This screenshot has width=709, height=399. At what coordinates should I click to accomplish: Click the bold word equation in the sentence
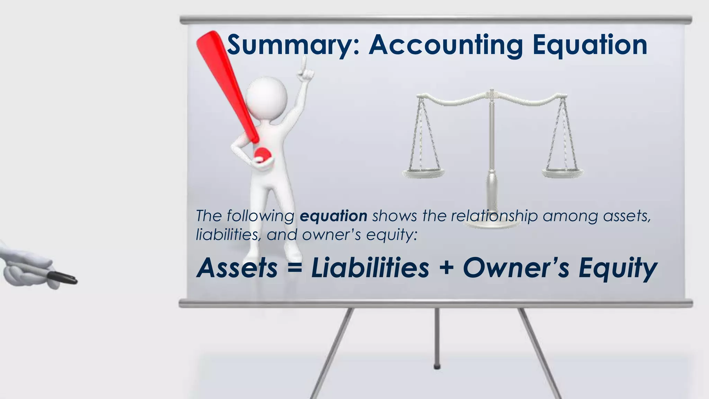tap(333, 216)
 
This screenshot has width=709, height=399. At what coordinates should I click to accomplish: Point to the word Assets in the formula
tap(237, 268)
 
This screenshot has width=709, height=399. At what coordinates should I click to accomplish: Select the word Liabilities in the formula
tap(370, 268)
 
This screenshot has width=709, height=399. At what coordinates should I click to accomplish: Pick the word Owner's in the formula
tap(516, 268)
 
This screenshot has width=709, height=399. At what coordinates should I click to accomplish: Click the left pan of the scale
tap(423, 172)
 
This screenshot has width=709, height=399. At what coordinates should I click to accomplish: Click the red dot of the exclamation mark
tap(262, 154)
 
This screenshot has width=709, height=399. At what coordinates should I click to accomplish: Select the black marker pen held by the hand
tap(62, 278)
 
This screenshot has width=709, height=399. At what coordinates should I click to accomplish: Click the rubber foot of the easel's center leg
tap(437, 366)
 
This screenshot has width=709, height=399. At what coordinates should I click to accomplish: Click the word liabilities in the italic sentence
tap(227, 235)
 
